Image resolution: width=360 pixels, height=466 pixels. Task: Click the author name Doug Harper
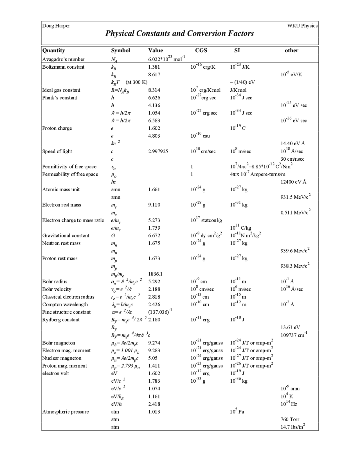coord(56,26)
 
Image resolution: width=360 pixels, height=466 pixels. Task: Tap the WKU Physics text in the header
coord(302,26)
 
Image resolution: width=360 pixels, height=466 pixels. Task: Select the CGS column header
coord(201,51)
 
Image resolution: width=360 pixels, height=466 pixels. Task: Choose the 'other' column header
coord(291,51)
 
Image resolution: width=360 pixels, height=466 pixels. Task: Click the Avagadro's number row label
coord(63,59)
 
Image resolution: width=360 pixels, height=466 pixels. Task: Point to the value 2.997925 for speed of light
coord(158,151)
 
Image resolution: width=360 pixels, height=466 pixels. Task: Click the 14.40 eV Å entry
coord(293,144)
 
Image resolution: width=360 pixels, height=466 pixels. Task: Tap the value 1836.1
coord(155,274)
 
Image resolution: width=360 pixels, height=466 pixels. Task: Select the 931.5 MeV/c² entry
coord(295,197)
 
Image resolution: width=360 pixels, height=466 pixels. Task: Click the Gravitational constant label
coord(66,236)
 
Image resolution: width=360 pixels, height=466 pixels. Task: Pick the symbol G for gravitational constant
coord(113,236)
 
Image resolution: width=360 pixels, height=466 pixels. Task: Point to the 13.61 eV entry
coord(290,327)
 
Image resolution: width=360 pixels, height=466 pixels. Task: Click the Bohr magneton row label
coord(59,343)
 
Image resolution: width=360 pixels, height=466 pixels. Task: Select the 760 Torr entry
coord(290,420)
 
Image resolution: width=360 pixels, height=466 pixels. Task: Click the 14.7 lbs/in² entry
coord(293,427)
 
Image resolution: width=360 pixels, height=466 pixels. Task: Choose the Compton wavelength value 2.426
coord(154,304)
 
